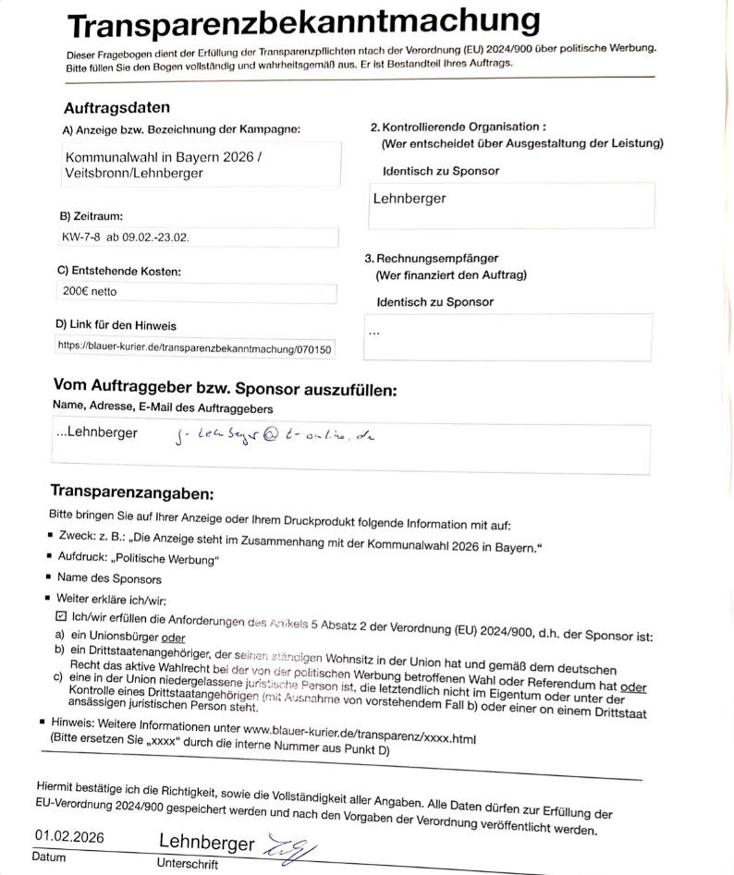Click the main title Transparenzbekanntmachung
303,24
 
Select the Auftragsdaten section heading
116,108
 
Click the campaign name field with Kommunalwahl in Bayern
201,164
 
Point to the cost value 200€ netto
90,292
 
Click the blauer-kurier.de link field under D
195,348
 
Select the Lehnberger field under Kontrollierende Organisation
511,204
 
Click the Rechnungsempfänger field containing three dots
507,335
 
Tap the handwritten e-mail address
274,434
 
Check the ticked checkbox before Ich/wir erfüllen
61,615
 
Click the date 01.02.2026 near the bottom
70,837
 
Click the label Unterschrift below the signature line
188,864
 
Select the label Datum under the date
49,857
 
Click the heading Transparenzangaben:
132,492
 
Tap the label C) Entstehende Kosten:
118,272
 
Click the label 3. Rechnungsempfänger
432,259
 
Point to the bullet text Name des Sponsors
109,578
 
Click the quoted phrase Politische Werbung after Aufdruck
172,558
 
